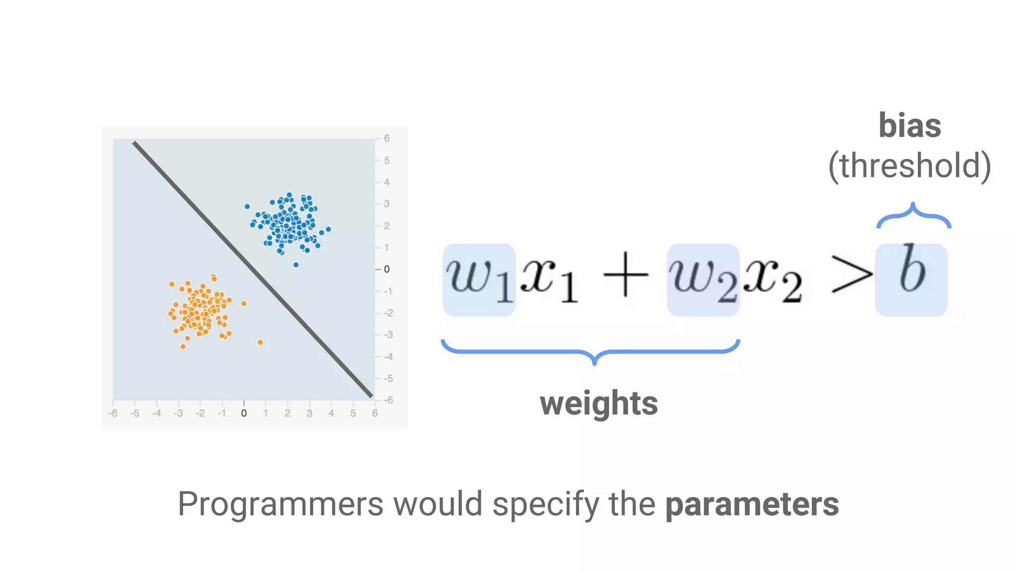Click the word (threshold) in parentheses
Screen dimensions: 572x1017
[910, 166]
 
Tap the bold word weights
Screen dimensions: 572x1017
[599, 403]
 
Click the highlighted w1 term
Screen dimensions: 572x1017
[479, 279]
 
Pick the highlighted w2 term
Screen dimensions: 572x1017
[703, 279]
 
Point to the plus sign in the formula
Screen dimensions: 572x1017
[626, 275]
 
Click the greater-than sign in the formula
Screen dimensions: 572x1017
[851, 275]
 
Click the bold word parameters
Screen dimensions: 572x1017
[752, 504]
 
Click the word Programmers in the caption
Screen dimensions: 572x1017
[280, 504]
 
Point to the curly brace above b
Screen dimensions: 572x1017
[913, 216]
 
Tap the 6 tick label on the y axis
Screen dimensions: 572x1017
[387, 139]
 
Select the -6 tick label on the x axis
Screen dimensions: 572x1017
[113, 413]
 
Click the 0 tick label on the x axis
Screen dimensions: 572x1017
[244, 413]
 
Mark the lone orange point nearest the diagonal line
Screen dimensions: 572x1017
[260, 342]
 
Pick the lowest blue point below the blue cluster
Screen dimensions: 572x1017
[296, 265]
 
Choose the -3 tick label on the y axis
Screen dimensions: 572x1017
[388, 335]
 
